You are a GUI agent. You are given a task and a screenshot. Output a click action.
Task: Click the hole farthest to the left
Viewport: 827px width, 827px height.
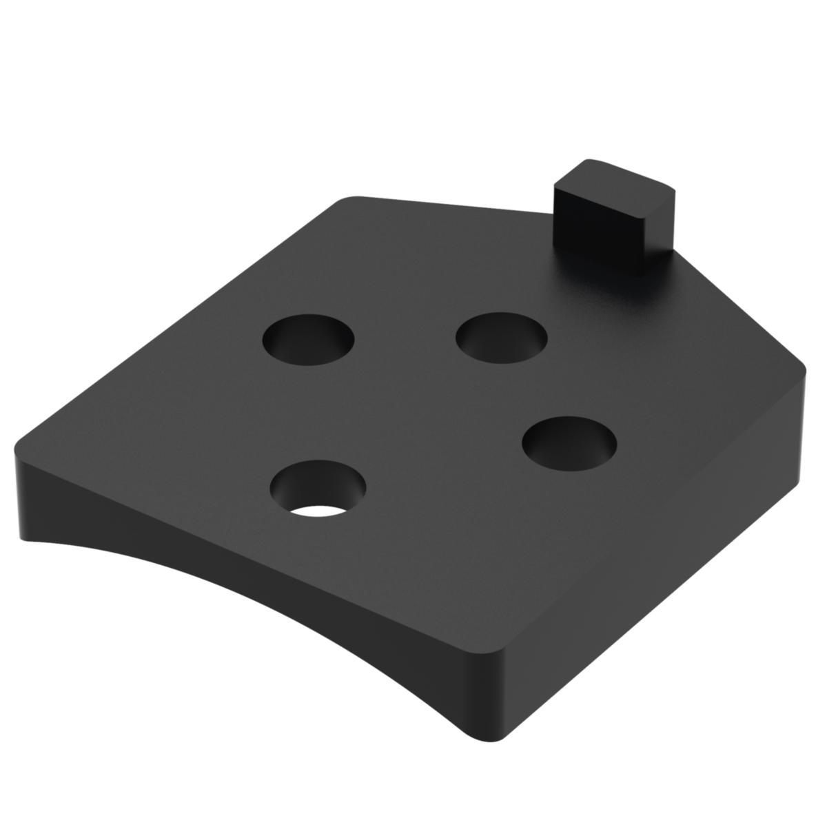click(308, 340)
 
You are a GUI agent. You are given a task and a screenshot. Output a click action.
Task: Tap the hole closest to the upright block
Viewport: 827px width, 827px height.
click(502, 338)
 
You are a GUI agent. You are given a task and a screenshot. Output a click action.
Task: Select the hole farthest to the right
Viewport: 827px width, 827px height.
click(569, 441)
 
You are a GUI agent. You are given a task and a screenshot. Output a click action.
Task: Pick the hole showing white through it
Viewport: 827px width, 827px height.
click(318, 489)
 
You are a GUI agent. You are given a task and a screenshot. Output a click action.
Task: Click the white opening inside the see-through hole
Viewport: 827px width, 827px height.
click(318, 511)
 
